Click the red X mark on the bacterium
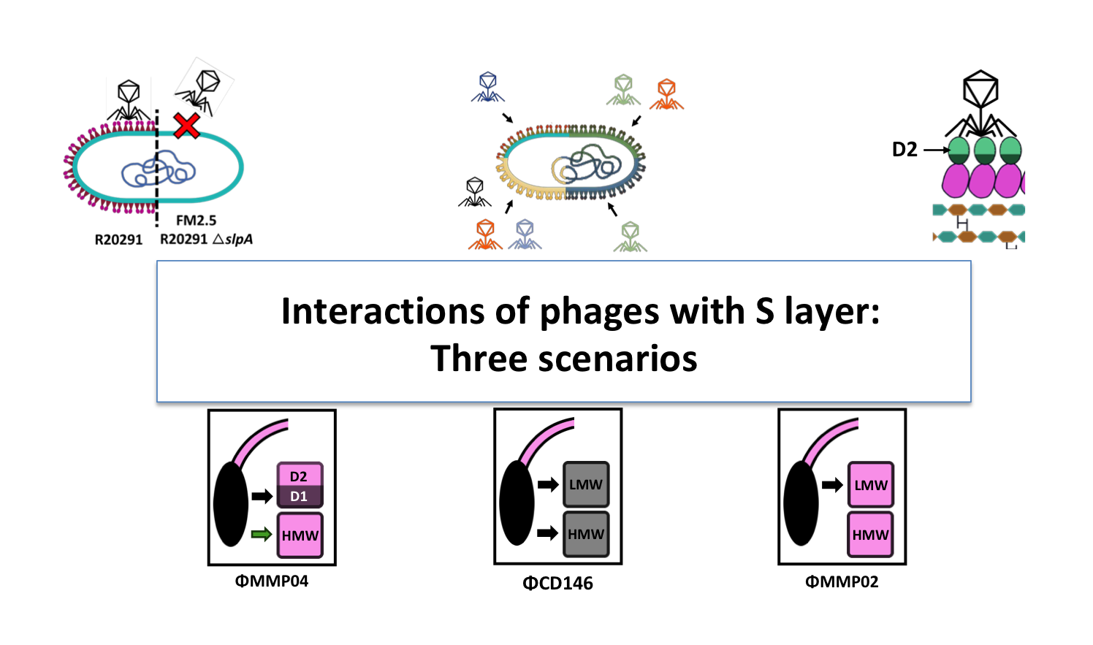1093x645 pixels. pos(187,126)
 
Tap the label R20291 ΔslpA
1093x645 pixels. pos(207,240)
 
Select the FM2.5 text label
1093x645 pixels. pos(196,220)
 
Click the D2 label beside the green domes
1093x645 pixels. pos(905,150)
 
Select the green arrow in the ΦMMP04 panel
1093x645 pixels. pos(261,535)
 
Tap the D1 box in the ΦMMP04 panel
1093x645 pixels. pos(300,497)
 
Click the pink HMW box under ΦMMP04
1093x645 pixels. pos(300,535)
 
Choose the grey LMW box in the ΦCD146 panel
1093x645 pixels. pos(586,484)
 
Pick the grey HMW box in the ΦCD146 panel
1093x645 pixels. pos(586,535)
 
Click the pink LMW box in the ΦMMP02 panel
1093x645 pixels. pos(871,485)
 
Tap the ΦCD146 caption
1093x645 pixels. pos(557,583)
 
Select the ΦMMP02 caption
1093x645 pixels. pos(842,581)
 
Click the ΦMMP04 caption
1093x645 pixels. pos(272,581)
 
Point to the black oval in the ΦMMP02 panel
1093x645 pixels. pos(801,503)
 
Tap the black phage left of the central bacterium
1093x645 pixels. pos(475,192)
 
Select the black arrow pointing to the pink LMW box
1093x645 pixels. pos(831,485)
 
